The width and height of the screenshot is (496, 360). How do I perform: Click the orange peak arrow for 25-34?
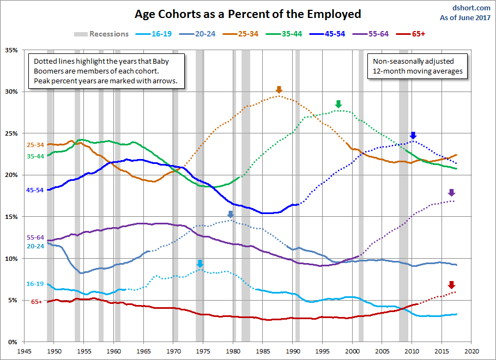click(279, 90)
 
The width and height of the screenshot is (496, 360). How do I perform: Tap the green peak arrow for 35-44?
click(338, 104)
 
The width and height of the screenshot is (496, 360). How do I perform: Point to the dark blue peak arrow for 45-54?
click(413, 136)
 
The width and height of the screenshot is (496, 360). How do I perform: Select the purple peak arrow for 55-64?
click(451, 193)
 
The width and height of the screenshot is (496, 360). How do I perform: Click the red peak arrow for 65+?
click(451, 285)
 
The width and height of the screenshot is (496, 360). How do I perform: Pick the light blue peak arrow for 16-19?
click(200, 264)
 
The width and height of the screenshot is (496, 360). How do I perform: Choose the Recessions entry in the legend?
click(102, 34)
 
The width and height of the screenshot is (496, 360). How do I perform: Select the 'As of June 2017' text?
click(465, 17)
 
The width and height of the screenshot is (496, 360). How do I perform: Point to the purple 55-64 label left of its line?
click(35, 237)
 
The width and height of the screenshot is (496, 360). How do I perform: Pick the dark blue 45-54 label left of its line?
click(35, 190)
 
